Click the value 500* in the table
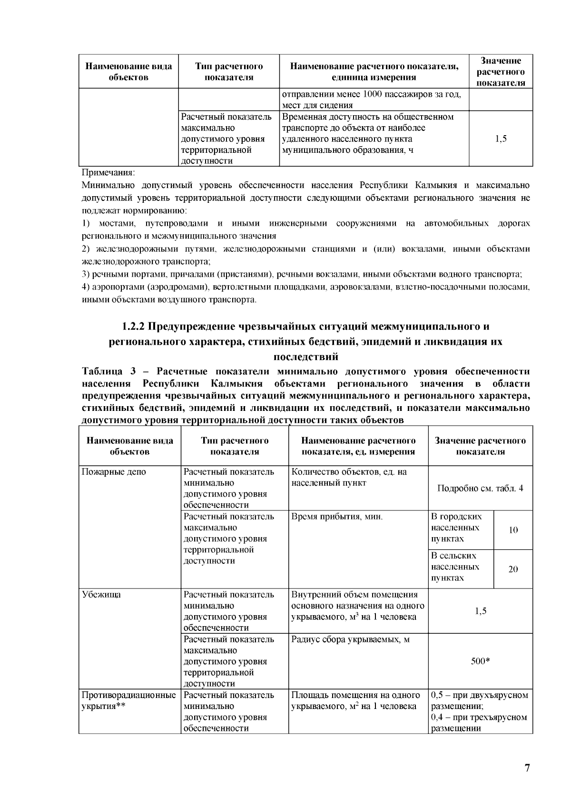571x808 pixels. tap(481, 661)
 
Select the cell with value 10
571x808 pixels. tap(513, 530)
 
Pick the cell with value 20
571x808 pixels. tap(513, 569)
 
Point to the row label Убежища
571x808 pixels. tap(101, 595)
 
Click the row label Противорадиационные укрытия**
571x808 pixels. tap(128, 700)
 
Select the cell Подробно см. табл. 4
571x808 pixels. tap(480, 489)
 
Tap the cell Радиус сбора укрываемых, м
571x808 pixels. tap(350, 639)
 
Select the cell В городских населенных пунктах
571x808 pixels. tap(456, 528)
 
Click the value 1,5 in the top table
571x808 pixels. tap(501, 139)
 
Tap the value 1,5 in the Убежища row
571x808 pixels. tap(481, 611)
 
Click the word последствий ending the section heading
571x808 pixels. tap(305, 357)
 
